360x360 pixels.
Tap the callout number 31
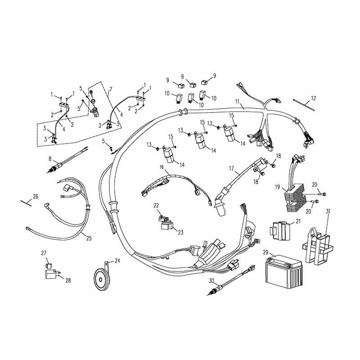328,211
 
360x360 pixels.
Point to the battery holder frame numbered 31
318,246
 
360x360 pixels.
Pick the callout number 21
298,221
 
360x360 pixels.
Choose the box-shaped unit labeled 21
279,231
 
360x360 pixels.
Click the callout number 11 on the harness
238,101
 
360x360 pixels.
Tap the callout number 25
89,238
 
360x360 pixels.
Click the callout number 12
313,98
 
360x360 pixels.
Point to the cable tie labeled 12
304,105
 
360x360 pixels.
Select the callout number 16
162,167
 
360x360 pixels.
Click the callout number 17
231,169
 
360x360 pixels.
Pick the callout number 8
50,159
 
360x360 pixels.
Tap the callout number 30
211,280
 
